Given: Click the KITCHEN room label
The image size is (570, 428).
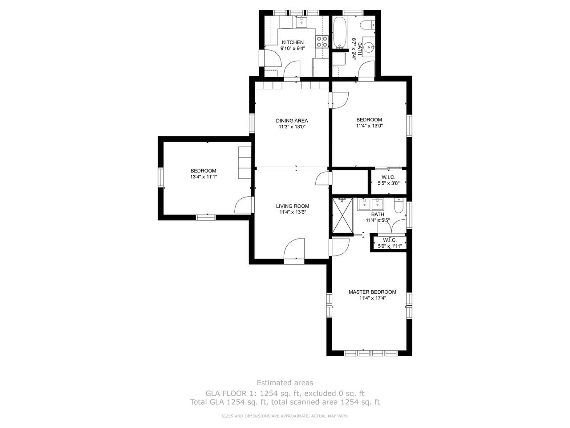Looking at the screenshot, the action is click(x=293, y=42).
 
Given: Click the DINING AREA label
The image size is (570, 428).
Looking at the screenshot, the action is click(x=292, y=120).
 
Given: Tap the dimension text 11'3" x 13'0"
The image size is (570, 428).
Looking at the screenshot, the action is click(x=292, y=127).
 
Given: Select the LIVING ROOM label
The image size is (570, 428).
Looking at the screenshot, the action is click(x=293, y=206).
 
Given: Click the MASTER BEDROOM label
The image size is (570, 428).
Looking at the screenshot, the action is click(x=372, y=292).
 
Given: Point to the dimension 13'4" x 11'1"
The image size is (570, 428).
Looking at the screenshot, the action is click(x=204, y=177).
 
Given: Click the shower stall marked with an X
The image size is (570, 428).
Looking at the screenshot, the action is click(x=343, y=215).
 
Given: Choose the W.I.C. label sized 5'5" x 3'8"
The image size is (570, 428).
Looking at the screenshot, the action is click(x=388, y=177).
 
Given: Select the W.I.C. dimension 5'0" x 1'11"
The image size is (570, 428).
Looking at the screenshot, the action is click(x=390, y=246).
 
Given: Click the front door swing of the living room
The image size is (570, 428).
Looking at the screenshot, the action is click(x=294, y=248).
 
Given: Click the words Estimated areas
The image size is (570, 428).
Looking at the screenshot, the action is click(x=285, y=383).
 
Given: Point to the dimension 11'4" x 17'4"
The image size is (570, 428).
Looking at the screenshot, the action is click(x=373, y=298).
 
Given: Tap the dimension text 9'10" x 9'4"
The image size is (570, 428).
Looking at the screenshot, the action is click(x=293, y=48).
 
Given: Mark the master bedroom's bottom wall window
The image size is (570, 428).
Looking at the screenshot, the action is click(x=370, y=353).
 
